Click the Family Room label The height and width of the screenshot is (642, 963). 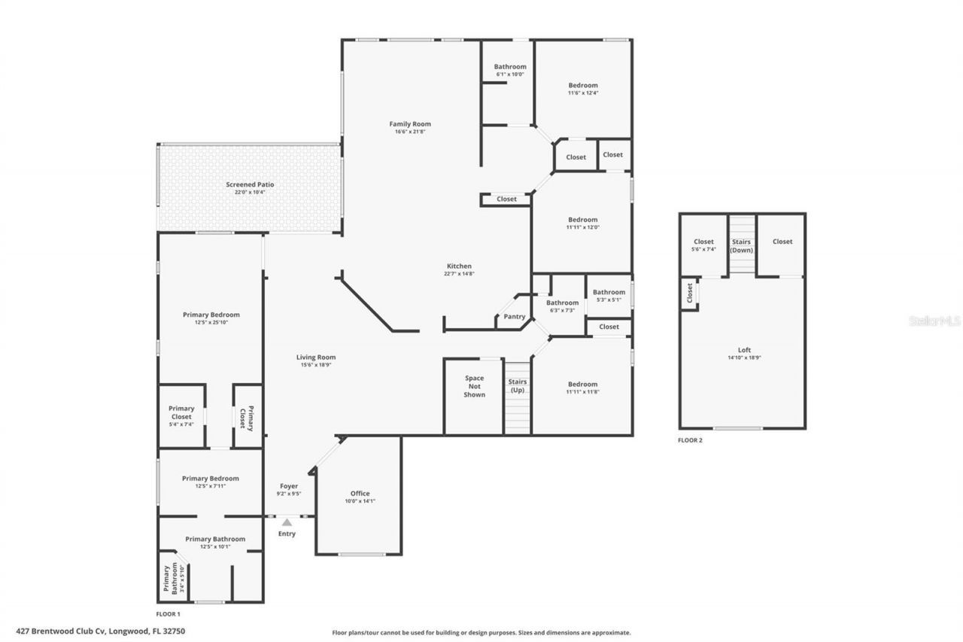click(x=410, y=124)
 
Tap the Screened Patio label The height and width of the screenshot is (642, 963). click(x=250, y=184)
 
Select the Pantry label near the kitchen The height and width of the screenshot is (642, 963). click(x=515, y=317)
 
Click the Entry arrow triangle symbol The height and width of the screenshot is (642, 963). click(x=287, y=522)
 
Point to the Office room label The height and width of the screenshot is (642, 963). click(x=360, y=494)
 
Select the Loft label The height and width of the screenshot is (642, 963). click(x=743, y=350)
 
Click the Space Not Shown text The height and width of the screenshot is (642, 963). click(x=474, y=386)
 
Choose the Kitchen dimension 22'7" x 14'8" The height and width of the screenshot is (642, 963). click(x=459, y=274)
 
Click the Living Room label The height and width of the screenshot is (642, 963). click(x=315, y=358)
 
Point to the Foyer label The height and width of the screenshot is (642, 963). click(x=288, y=486)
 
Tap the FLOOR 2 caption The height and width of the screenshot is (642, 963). click(x=690, y=440)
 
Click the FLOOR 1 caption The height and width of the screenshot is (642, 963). click(x=169, y=614)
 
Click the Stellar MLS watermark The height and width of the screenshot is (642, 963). click(x=935, y=321)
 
